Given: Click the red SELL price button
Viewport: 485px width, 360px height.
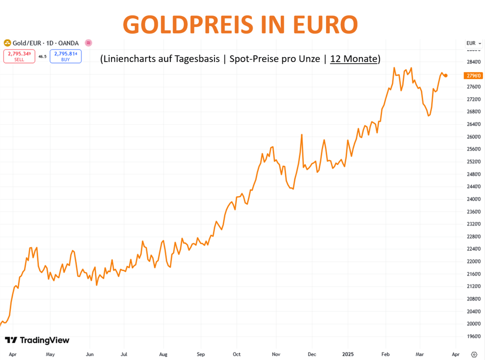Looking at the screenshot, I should coord(19,56).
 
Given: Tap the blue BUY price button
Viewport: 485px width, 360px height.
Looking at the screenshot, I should coord(65,56).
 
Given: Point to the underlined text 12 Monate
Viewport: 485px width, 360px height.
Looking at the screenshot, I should coord(353,58).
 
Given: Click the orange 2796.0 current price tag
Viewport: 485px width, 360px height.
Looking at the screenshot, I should coord(473,75).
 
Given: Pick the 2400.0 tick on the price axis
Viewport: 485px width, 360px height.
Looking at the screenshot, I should coord(473,199).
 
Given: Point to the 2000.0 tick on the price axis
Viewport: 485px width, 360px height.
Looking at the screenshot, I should coord(473,324).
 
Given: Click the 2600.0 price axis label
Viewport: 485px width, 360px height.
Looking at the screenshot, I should coord(473,136).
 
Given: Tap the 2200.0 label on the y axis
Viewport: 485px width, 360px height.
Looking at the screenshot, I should coord(473,261).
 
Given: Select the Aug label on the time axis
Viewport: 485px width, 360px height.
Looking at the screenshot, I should coord(163,354).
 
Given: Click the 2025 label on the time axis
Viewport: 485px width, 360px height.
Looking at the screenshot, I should coord(349,354).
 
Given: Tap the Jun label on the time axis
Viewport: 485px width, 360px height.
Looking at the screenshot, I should coord(89,354).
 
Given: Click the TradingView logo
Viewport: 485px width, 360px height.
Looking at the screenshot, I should coord(37,340).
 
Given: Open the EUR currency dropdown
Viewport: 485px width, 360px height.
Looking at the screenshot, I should coord(473,43).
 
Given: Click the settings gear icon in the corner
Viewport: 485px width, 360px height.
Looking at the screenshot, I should coord(474,354).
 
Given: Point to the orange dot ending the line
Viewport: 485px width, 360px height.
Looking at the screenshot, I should coord(445,75).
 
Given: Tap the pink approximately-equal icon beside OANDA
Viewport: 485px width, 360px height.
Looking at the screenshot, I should coord(88,43).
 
